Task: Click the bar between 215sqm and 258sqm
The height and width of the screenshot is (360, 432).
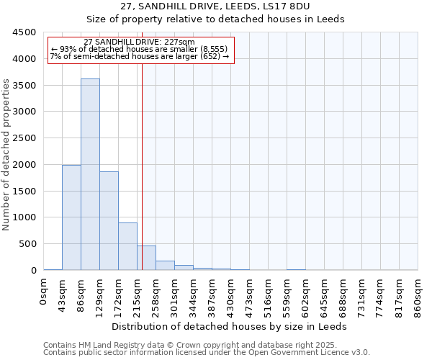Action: point(146,258)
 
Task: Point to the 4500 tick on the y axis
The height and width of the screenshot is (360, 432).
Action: point(24,32)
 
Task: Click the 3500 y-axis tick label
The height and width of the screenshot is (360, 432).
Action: point(24,85)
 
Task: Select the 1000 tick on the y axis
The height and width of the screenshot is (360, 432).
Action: point(24,217)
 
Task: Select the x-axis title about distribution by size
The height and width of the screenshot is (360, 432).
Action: point(230,326)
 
